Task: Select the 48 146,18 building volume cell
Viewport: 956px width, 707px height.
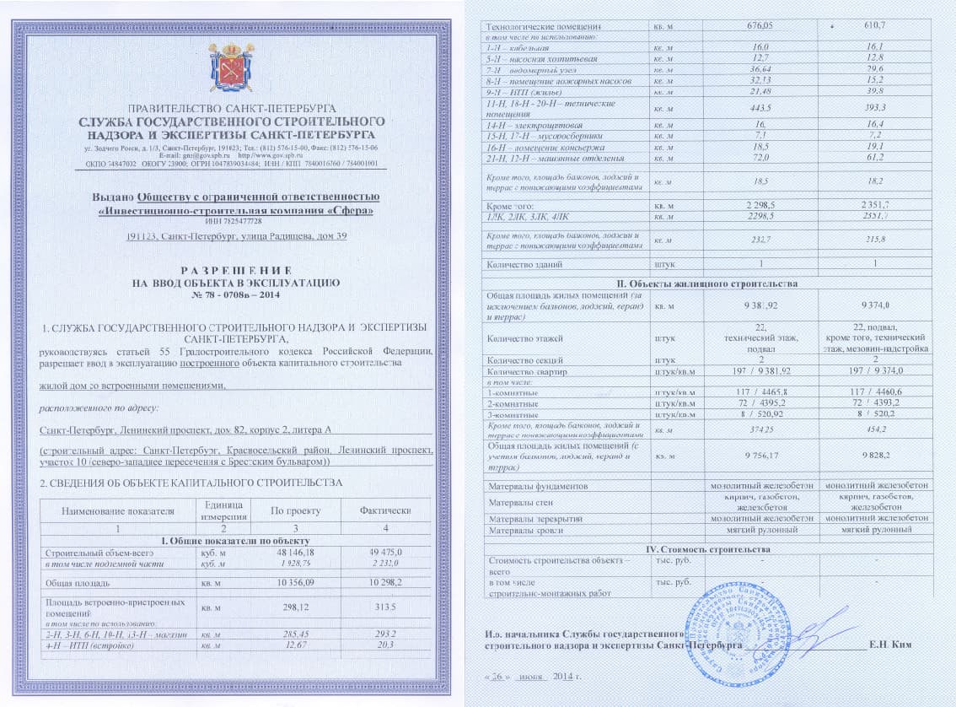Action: [x=288, y=553]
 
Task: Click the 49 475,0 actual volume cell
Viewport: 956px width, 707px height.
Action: [x=384, y=553]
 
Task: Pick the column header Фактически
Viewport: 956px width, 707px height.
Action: [x=384, y=510]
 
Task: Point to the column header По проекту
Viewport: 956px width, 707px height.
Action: [x=288, y=510]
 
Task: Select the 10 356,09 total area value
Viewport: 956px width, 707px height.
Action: [x=288, y=583]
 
